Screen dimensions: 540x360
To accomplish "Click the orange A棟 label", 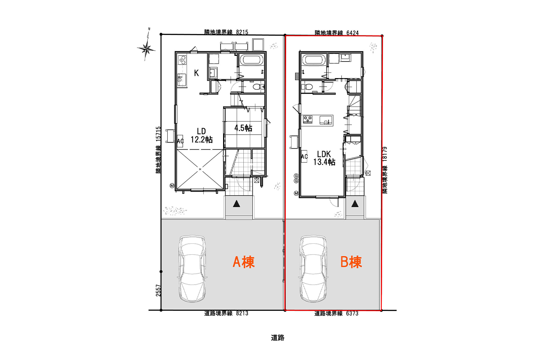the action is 243,262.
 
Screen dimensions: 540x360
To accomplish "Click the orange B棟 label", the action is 351,262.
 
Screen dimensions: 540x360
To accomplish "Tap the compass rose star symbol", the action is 146,49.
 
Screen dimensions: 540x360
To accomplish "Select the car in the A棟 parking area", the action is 192,268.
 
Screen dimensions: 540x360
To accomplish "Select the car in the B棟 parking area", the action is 313,268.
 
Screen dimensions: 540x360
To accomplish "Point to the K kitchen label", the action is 196,73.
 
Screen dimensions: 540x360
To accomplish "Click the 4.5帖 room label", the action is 243,128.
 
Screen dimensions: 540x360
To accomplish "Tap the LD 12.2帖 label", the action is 201,135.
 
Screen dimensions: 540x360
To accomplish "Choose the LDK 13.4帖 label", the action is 324,158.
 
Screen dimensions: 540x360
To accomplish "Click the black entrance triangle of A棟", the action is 237,204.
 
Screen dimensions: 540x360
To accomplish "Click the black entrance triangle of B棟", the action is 355,204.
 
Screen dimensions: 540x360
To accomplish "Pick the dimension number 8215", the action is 242,32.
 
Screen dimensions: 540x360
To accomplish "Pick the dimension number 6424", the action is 352,33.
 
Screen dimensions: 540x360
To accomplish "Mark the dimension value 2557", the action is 158,290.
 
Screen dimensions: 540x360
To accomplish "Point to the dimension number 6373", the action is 352,313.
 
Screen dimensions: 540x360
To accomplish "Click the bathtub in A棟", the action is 252,60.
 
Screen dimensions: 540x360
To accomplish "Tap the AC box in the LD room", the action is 180,141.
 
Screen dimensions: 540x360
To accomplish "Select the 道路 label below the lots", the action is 277,338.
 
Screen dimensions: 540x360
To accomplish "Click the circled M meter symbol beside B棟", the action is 296,193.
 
